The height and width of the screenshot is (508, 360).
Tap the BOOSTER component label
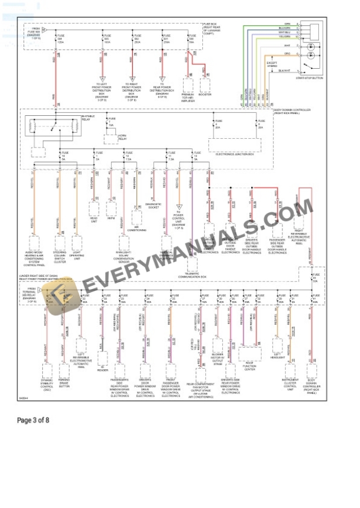[x=205, y=94]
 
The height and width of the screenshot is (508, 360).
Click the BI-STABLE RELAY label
[x=88, y=117]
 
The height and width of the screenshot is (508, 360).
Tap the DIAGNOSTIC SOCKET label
[x=154, y=206]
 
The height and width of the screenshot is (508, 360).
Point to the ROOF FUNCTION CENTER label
[x=249, y=368]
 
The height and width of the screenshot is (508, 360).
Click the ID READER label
[x=102, y=370]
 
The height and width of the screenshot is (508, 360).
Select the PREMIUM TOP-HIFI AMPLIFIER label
[x=188, y=98]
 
